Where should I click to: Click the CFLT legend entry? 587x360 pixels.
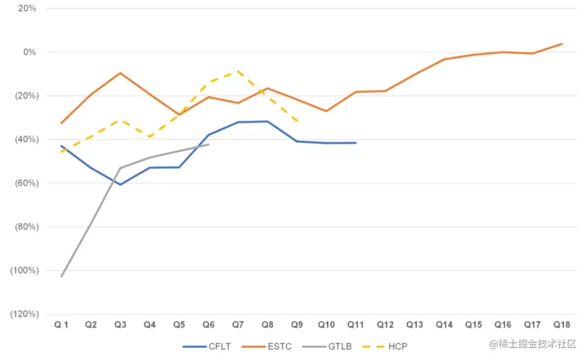[210, 346]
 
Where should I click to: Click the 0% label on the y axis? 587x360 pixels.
[29, 52]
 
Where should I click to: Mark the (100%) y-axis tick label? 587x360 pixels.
[23, 270]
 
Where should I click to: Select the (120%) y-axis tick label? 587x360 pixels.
[23, 314]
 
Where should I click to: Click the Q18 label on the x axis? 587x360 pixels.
[561, 325]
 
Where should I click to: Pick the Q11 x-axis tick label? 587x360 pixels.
[355, 325]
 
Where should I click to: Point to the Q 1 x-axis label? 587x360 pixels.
[61, 325]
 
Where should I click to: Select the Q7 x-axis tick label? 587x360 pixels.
[238, 325]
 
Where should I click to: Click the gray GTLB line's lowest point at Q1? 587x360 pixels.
[61, 276]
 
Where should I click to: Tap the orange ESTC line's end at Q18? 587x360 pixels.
[561, 44]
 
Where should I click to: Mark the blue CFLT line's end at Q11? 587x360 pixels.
[355, 142]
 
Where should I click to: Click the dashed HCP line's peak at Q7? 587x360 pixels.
[238, 71]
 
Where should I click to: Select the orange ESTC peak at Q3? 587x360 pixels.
[120, 72]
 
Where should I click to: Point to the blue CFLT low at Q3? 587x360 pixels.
[120, 184]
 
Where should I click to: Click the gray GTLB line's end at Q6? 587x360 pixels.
[209, 144]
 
